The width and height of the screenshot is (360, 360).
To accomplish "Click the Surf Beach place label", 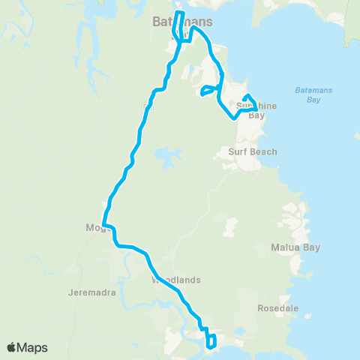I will pyautogui.click(x=253, y=151).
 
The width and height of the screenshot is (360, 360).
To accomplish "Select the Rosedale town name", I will pyautogui.click(x=278, y=308).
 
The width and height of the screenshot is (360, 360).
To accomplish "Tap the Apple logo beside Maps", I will pyautogui.click(x=12, y=347).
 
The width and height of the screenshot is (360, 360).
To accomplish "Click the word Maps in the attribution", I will pyautogui.click(x=33, y=347).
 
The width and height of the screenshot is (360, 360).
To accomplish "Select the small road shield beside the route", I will pyautogui.click(x=147, y=107).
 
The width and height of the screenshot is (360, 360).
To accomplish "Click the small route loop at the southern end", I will pyautogui.click(x=212, y=341).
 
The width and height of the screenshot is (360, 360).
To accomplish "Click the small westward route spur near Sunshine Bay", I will pyautogui.click(x=207, y=91).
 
